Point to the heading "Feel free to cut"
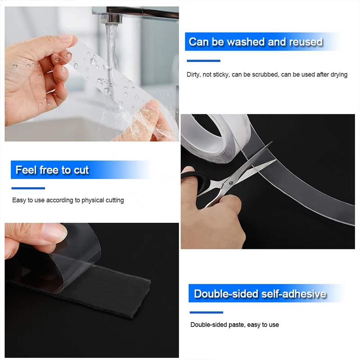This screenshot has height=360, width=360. (52, 170)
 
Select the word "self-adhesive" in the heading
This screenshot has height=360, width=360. (293, 294)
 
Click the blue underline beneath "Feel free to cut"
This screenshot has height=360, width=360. (28, 188)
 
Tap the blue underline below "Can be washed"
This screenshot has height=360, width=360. (203, 61)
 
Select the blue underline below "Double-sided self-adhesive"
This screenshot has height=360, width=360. (206, 312)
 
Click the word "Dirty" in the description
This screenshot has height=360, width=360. (194, 75)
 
